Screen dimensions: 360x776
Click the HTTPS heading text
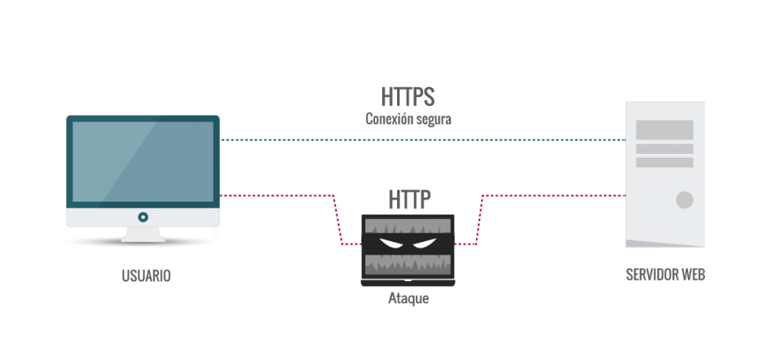click(408, 96)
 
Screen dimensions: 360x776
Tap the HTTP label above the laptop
click(409, 199)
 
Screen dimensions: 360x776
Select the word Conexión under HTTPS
click(388, 119)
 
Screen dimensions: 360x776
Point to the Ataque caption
click(408, 299)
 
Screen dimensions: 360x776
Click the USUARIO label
click(146, 276)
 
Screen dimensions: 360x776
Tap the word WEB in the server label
click(693, 275)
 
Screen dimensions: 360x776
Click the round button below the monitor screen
click(142, 217)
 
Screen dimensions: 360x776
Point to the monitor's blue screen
click(142, 161)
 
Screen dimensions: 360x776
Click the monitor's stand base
click(142, 240)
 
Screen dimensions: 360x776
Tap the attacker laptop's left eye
click(390, 244)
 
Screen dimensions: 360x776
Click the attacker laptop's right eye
click(425, 244)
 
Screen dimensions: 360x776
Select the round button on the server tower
click(684, 200)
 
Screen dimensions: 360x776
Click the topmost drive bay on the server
click(665, 130)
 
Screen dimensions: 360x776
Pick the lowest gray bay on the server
click(665, 162)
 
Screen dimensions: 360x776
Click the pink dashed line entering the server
click(553, 196)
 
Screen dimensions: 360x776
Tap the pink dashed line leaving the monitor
click(277, 196)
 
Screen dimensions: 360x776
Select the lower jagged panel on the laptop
click(408, 264)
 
